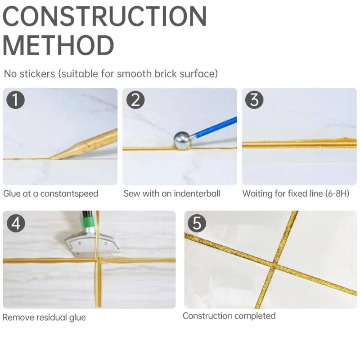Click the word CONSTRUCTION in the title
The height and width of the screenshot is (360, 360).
point(105,16)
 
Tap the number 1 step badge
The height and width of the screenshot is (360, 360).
point(15,100)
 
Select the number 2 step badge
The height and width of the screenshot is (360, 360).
point(135,100)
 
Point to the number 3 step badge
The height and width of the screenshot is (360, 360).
point(254,100)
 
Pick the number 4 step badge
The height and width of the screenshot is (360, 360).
point(16,223)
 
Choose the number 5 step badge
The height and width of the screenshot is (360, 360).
point(197,223)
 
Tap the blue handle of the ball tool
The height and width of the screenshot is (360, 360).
point(215,128)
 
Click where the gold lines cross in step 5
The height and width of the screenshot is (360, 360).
point(274,266)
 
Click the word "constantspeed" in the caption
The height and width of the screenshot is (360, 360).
point(69,194)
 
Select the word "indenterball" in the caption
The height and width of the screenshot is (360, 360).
point(197,193)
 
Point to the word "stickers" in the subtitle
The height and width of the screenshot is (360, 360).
point(37,74)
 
